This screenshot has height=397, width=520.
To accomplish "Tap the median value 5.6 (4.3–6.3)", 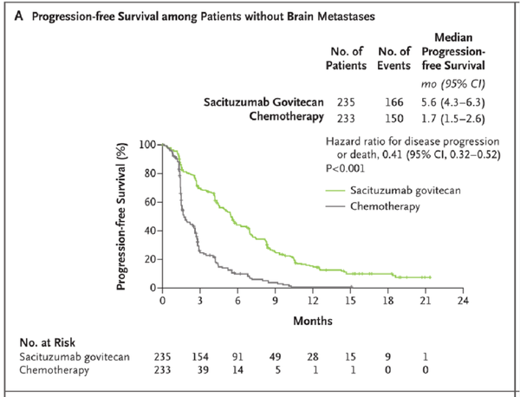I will coord(455,102).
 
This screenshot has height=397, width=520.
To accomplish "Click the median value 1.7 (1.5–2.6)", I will coord(455,116).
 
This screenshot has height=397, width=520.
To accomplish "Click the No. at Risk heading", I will coord(55,341).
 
